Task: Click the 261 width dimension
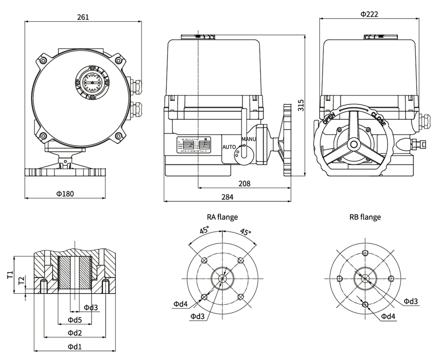pos(83,17)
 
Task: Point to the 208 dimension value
pos(244,183)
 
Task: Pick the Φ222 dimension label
pos(369,14)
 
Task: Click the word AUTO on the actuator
pos(229,146)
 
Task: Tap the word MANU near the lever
pos(248,140)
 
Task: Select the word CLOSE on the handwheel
pos(378,119)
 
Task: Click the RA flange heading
pos(222,217)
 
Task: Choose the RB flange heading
pos(365,217)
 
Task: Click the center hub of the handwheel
pos(353,145)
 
